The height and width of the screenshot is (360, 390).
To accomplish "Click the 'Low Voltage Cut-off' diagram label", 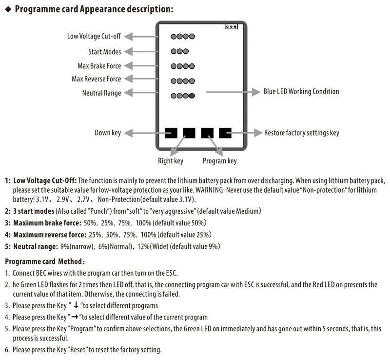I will coord(94,36).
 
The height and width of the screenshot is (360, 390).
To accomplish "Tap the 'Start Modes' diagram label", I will coord(104,51).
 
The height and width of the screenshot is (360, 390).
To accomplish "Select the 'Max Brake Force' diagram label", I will coord(99,66).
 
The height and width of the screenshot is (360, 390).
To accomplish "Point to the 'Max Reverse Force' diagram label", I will coord(96,79).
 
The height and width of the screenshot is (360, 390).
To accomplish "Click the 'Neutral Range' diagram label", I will coord(101,93).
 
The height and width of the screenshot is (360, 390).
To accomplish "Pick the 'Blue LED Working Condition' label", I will coord(301,91).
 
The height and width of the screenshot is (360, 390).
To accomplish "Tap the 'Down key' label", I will coord(107,133).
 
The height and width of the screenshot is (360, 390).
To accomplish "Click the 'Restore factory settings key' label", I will coord(301,133).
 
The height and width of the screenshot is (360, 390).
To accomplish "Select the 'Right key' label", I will coord(171,160).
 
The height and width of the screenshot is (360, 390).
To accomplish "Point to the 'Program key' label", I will coord(219,160).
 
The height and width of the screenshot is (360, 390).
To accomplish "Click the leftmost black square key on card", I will coord(171,133).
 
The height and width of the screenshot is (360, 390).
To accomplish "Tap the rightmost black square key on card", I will coord(225,133).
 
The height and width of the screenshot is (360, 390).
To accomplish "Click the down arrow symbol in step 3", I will coord(76,306).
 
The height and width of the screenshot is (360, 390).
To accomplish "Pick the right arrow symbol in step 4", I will coord(76,317).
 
